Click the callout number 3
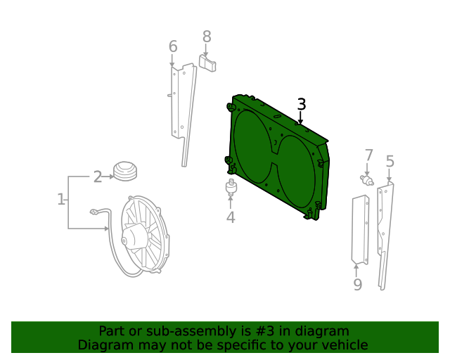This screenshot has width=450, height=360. coord(301,105)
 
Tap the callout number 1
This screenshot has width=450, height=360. coord(60,200)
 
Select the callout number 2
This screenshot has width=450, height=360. coord(98,176)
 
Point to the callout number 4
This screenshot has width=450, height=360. coord(230,217)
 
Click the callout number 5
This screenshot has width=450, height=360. coord(390,162)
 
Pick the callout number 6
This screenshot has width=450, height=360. coord(173,47)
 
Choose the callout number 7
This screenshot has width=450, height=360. coord(368,155)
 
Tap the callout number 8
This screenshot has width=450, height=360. coord(207,36)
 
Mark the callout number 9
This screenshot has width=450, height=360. coord(357,284)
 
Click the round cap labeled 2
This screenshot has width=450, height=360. coord(125,172)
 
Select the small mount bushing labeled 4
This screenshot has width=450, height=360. coord(230,188)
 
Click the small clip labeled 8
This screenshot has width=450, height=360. coord(207,64)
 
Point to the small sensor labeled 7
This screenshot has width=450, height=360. coord(366,179)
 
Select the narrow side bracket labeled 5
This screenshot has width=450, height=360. coord(385,232)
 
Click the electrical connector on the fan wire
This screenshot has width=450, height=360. coord(94,211)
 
